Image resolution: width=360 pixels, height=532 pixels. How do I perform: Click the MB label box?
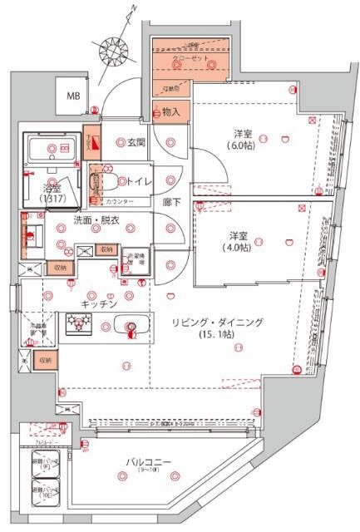[74, 96]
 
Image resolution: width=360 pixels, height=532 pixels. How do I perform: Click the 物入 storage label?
[172, 112]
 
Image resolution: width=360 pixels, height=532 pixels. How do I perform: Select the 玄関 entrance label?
[136, 142]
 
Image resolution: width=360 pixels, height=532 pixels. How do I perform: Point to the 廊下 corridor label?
[171, 202]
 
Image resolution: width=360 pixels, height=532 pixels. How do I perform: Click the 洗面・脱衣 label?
[96, 220]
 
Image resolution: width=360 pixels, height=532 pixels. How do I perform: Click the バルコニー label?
[145, 460]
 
